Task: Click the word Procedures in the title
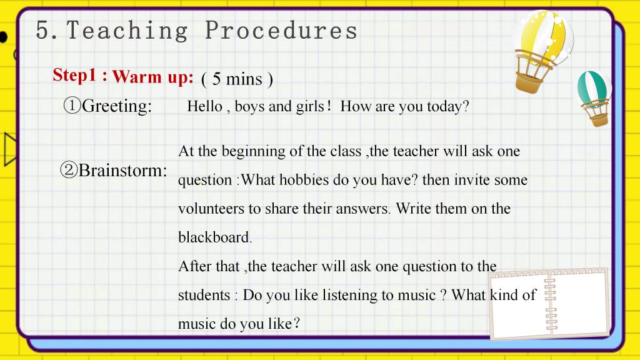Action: (x=281, y=30)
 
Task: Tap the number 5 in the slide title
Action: (x=42, y=30)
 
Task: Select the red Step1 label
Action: (x=75, y=75)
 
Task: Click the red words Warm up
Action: (x=152, y=77)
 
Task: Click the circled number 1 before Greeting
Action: (x=72, y=105)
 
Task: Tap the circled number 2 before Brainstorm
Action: (x=69, y=169)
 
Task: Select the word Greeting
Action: (x=117, y=106)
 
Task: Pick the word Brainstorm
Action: (x=123, y=170)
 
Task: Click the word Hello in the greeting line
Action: (x=204, y=106)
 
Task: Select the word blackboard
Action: (x=215, y=237)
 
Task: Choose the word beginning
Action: (x=254, y=152)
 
